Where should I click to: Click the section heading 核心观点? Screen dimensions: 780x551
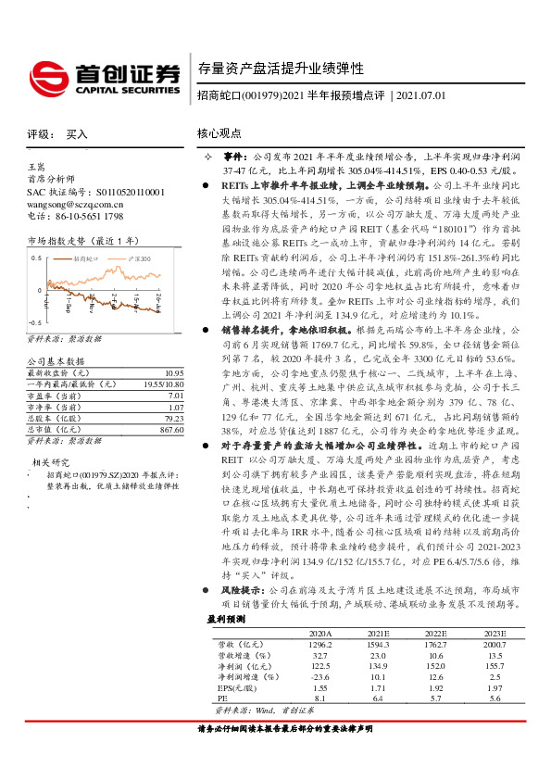(219, 134)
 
